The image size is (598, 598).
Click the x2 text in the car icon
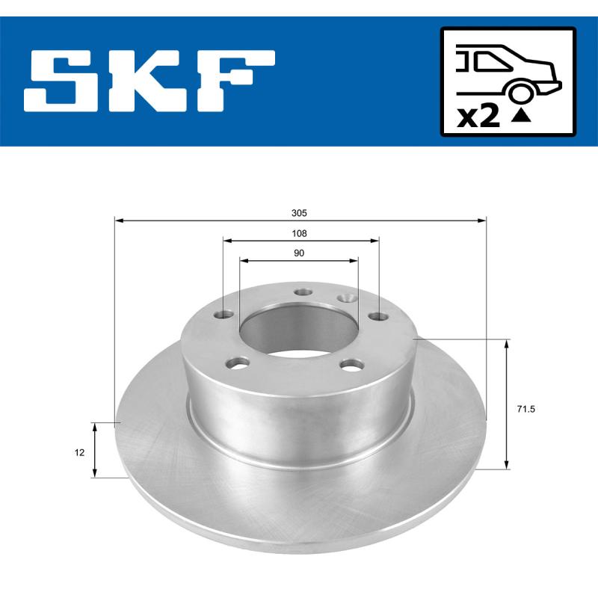pos(478,117)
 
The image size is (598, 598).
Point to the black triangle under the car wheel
pos(521,115)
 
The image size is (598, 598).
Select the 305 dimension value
pos(299,212)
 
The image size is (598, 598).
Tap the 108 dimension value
pos(299,233)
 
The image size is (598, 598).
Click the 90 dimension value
pos(299,253)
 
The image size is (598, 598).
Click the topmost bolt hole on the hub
pos(302,292)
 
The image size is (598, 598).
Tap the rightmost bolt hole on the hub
pos(380,315)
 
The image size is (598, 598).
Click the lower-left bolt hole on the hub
pos(239,363)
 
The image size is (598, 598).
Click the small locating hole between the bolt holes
pos(346,298)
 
